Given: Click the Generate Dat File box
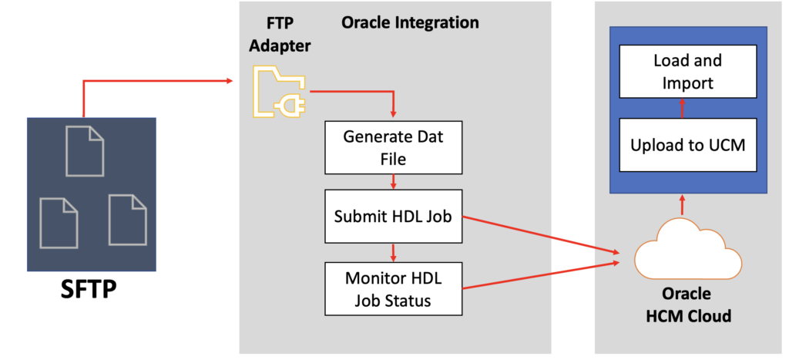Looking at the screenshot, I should [x=394, y=148].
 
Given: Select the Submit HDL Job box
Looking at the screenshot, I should [x=394, y=217].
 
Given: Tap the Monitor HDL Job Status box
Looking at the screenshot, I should [x=394, y=288].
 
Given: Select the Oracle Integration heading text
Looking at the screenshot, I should [x=410, y=22].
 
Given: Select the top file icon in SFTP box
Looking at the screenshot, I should [x=85, y=150].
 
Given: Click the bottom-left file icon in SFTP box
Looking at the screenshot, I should [x=59, y=223].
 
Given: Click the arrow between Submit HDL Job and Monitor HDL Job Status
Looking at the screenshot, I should [x=394, y=252].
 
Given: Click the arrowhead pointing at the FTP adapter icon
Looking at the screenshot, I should [x=229, y=81].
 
